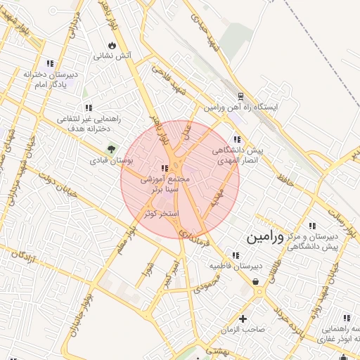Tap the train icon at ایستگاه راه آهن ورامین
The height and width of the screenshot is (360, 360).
[240, 96]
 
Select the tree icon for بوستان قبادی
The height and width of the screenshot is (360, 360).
[110, 148]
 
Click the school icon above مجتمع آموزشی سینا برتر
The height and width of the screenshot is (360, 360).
[165, 168]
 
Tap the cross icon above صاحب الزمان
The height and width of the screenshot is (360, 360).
[244, 318]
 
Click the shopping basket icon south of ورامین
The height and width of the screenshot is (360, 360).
[255, 281]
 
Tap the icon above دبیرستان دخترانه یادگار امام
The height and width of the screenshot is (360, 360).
[49, 63]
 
